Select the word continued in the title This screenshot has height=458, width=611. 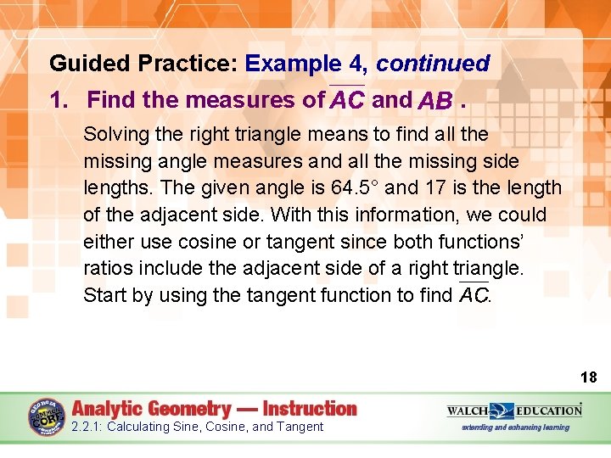[x=433, y=64]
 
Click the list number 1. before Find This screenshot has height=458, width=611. [x=60, y=101]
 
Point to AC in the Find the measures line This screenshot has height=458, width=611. [x=347, y=101]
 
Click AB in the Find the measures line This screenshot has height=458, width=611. [x=435, y=102]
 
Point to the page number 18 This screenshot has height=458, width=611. [x=587, y=377]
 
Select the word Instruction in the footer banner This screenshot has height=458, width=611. [x=310, y=408]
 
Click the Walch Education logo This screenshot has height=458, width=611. [x=514, y=411]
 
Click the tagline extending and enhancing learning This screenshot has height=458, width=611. [x=515, y=427]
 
